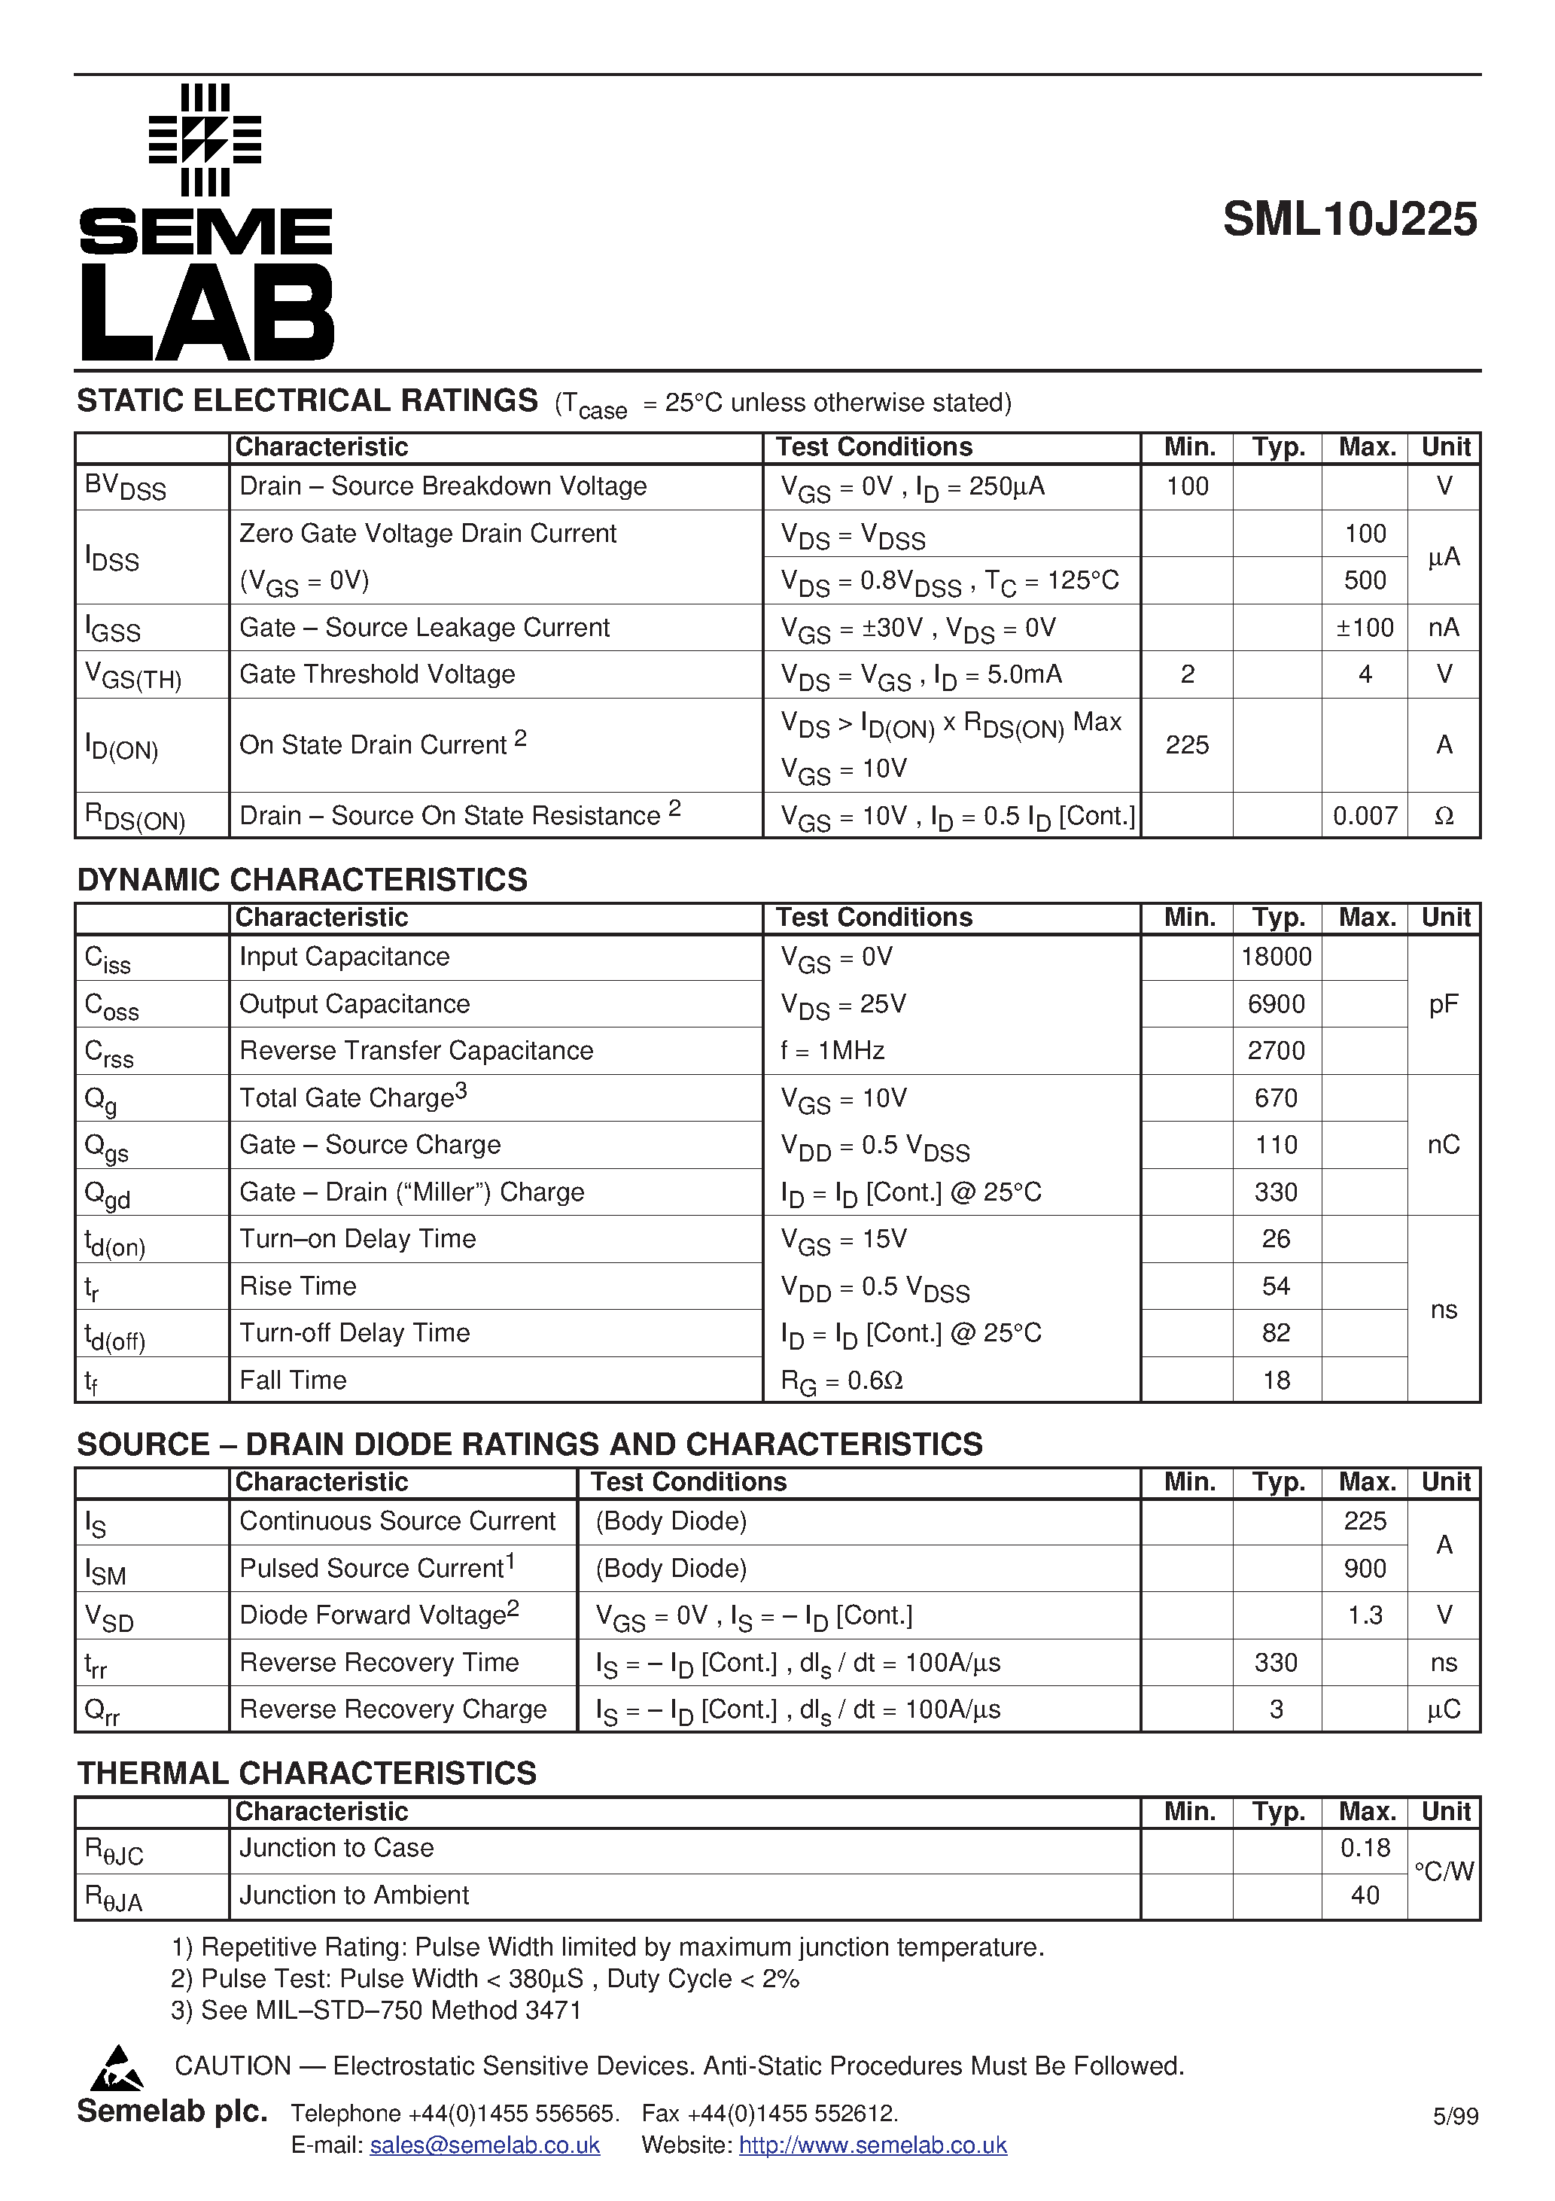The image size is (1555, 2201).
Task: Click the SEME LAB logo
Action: tap(206, 222)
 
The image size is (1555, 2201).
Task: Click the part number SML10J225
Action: tap(1349, 220)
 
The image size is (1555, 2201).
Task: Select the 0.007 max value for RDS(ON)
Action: tap(1365, 816)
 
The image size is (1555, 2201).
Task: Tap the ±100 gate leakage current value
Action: tap(1365, 628)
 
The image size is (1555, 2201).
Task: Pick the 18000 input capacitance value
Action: tap(1275, 957)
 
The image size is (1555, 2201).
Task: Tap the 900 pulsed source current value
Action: tap(1365, 1568)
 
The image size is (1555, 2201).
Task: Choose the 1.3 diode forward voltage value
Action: tap(1365, 1615)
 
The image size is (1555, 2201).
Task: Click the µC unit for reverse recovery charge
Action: tap(1443, 1709)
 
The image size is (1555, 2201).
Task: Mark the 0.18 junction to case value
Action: tap(1365, 1847)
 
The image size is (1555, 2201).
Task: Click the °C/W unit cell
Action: tap(1443, 1871)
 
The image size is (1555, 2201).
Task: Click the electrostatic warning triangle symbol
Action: tap(117, 2068)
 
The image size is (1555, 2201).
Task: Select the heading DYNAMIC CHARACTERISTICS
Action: tap(302, 879)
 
